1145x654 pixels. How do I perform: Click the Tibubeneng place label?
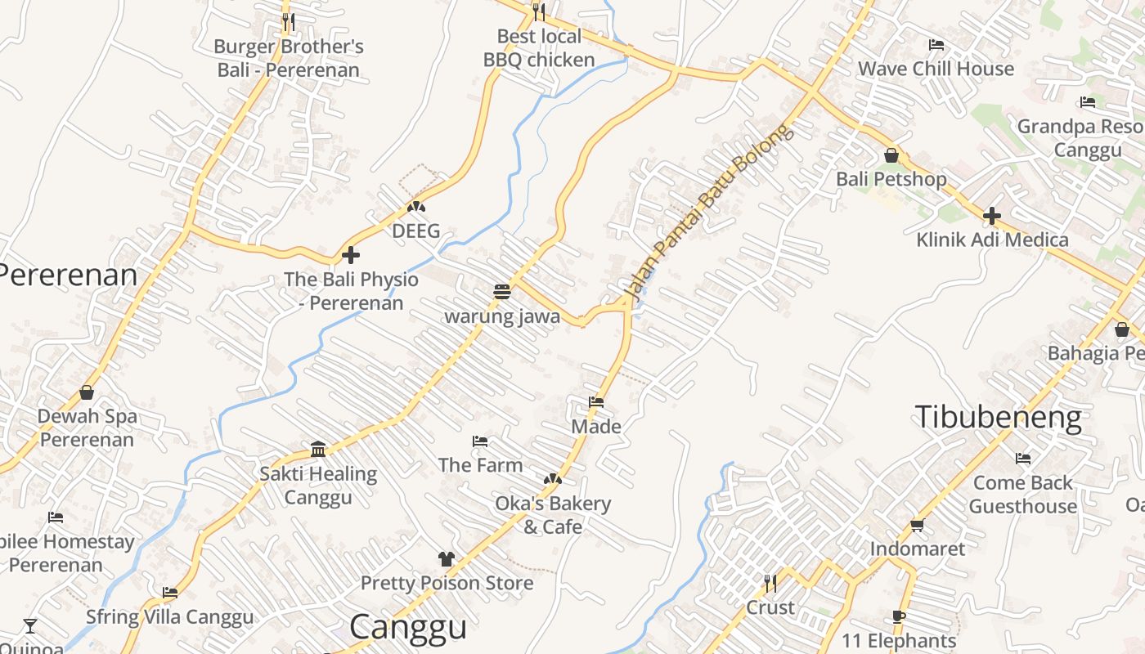998,417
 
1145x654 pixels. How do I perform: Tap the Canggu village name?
408,627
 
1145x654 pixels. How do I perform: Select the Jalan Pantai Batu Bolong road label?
708,210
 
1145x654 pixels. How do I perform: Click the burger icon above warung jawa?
502,291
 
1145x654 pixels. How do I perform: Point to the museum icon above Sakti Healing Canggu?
318,449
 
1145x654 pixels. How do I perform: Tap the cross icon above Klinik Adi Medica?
992,216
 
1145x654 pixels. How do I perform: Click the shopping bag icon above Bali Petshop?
891,155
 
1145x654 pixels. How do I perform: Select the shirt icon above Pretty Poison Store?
446,559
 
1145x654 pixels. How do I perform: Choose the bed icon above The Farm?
480,441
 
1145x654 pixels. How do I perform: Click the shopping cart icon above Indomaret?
917,525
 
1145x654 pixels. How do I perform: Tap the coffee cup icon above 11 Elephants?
899,617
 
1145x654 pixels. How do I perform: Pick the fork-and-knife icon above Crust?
770,583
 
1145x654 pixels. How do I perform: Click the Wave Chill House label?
936,69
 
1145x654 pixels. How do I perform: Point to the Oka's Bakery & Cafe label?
553,515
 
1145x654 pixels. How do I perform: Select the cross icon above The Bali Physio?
351,255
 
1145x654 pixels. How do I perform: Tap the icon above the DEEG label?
416,207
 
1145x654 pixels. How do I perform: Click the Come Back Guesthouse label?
1022,495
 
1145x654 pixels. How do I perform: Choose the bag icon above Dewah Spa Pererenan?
87,392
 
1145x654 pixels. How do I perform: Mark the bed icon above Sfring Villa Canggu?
170,593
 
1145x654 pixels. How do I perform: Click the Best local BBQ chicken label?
539,48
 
